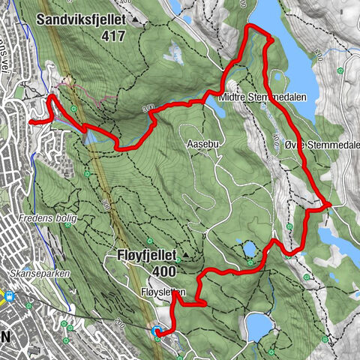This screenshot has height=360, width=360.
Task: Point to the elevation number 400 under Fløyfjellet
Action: (x=165, y=271)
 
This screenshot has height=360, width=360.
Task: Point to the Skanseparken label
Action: (x=41, y=274)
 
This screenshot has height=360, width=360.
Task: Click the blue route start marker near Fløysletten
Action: (x=155, y=331)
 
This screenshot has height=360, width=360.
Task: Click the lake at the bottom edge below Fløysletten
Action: (x=259, y=326)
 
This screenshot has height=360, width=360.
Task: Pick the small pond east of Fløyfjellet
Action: (x=248, y=249)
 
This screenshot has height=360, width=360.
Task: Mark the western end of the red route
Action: (x=30, y=121)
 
